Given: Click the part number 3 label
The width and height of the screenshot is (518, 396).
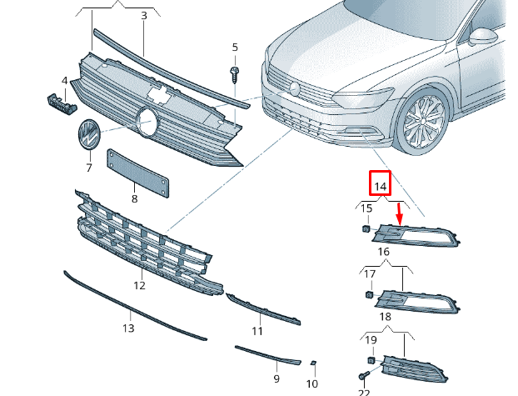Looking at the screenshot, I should (143, 16).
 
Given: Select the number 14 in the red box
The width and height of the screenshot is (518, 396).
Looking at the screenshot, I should (381, 185).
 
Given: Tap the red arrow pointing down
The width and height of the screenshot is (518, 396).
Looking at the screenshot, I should (400, 213).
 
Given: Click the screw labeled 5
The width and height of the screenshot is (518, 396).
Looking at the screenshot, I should (235, 73).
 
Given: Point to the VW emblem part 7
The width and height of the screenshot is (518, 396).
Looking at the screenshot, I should (87, 136).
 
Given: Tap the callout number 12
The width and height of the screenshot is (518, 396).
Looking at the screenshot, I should (139, 285).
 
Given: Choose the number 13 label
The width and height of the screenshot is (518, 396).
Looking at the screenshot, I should (127, 328).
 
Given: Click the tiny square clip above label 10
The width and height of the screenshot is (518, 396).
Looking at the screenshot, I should (312, 363).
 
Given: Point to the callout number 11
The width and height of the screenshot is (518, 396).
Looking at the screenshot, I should (257, 331).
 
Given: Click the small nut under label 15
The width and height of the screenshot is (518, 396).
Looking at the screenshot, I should (366, 228).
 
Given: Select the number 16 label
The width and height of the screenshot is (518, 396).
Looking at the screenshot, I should (384, 251).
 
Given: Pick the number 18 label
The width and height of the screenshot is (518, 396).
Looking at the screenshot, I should (384, 317).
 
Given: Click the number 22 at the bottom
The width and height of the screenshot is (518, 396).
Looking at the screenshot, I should (364, 391).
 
